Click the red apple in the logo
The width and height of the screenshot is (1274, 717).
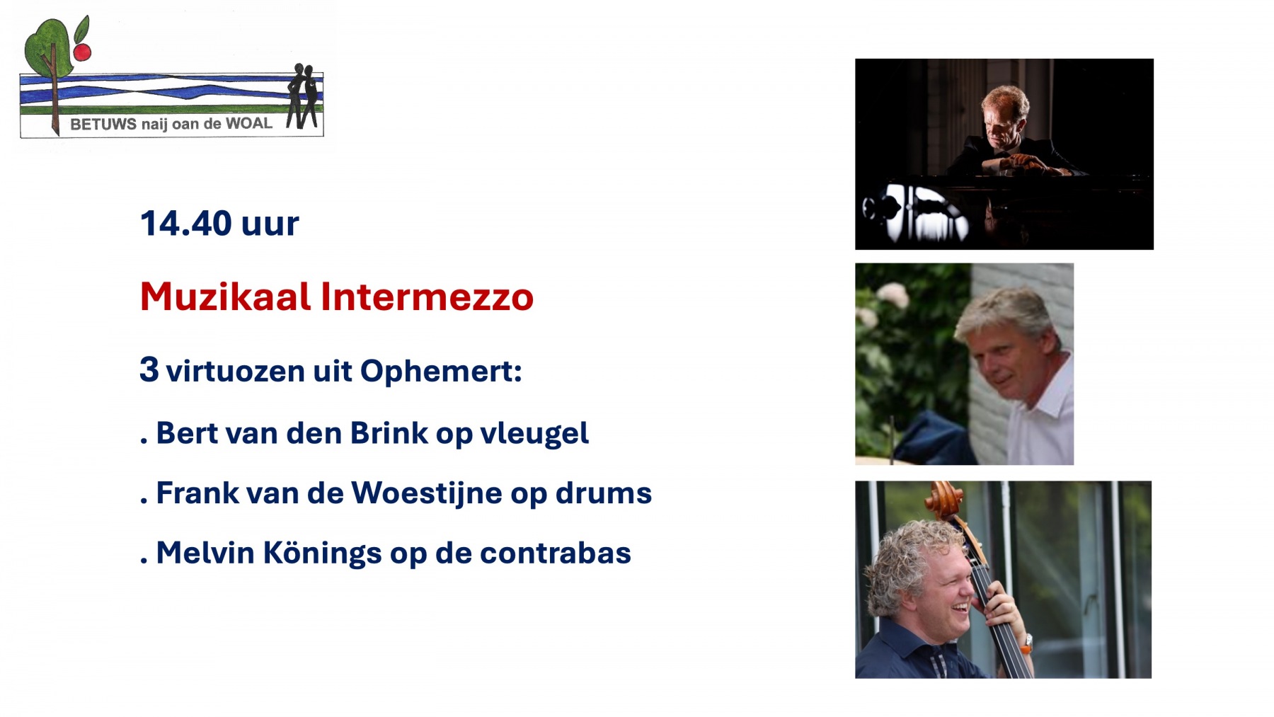pyautogui.click(x=82, y=52)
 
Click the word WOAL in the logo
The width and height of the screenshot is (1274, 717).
pyautogui.click(x=248, y=124)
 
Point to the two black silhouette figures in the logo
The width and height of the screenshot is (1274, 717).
pyautogui.click(x=303, y=96)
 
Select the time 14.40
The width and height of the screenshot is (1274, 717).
pyautogui.click(x=186, y=224)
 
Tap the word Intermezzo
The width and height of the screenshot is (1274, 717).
pyautogui.click(x=427, y=297)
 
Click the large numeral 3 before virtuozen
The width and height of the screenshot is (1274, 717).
pyautogui.click(x=149, y=369)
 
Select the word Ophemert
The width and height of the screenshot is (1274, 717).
pyautogui.click(x=441, y=372)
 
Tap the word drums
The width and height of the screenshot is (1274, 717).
pyautogui.click(x=603, y=493)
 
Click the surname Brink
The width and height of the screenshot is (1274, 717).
pyautogui.click(x=389, y=433)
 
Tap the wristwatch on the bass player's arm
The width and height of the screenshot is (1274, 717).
pyautogui.click(x=1026, y=643)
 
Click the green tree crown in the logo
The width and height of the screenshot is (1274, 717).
pyautogui.click(x=48, y=46)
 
